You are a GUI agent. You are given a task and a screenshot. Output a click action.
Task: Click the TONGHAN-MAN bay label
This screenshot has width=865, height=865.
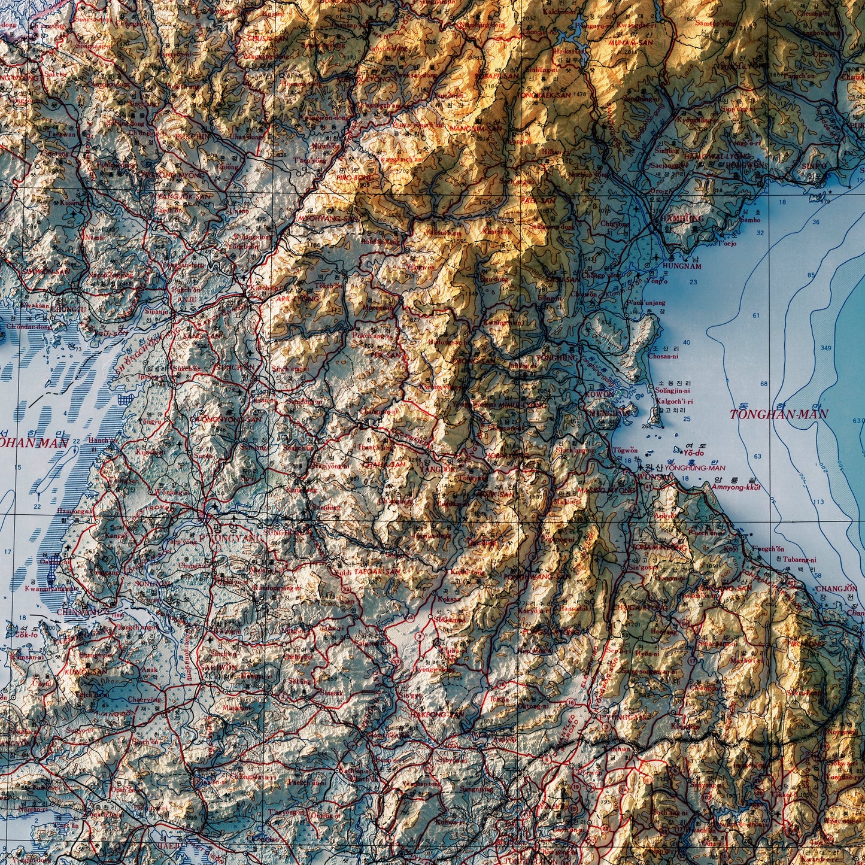779,414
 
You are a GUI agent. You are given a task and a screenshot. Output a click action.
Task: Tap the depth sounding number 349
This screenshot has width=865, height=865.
825,347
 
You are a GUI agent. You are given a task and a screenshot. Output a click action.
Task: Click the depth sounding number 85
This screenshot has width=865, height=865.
811,275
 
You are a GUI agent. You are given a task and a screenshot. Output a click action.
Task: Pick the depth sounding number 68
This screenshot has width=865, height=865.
764,383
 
